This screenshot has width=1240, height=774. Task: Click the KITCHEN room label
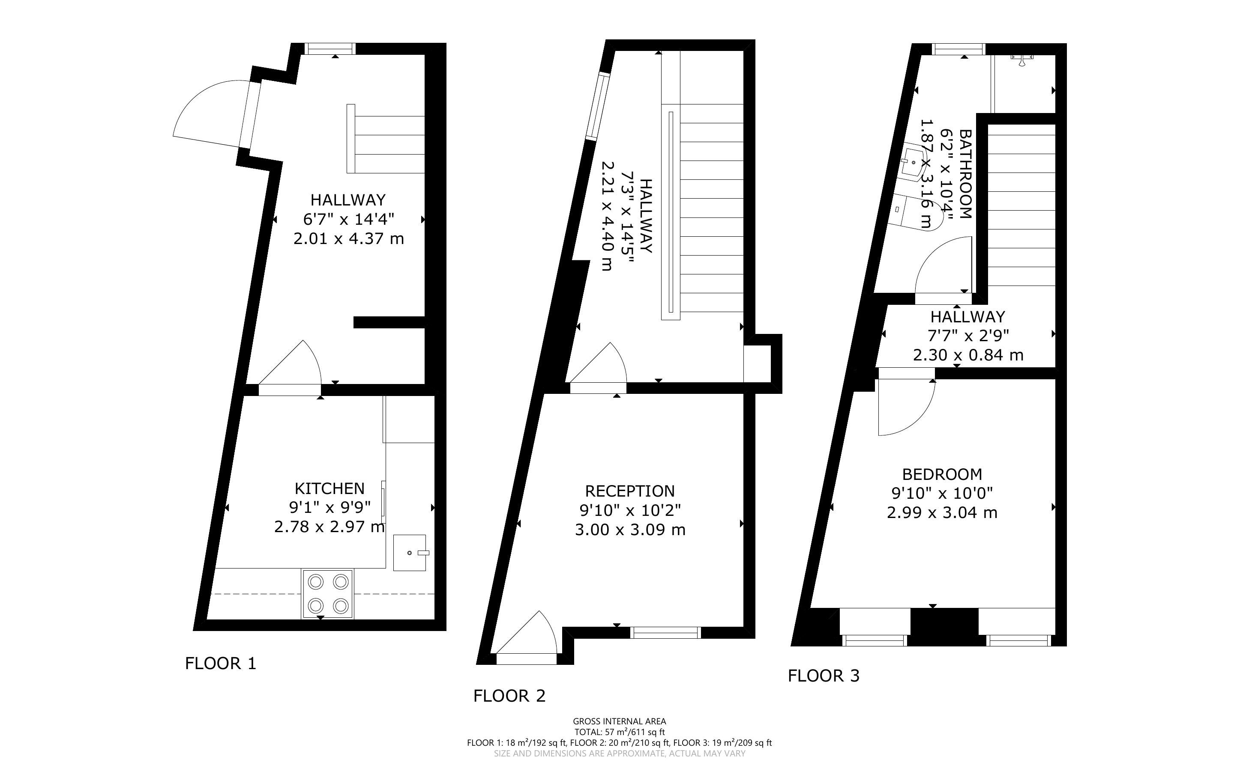(x=329, y=488)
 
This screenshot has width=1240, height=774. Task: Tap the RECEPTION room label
(x=630, y=491)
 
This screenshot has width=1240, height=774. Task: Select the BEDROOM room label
(x=942, y=474)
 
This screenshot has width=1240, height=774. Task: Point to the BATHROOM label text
(x=965, y=174)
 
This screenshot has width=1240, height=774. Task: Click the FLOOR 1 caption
(x=220, y=664)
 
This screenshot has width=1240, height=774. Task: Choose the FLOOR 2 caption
(x=509, y=696)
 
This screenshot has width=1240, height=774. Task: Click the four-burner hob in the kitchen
(x=328, y=594)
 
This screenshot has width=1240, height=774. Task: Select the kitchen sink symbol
(x=410, y=553)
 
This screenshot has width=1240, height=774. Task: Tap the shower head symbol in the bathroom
(x=1022, y=60)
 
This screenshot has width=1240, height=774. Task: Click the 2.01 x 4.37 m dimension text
(x=349, y=238)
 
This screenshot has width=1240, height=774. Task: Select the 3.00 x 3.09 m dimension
(x=630, y=530)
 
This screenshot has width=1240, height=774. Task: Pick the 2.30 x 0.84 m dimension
(x=968, y=355)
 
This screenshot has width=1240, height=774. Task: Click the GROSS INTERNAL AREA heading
(x=619, y=722)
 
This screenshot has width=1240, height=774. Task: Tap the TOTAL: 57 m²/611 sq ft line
(x=619, y=732)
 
